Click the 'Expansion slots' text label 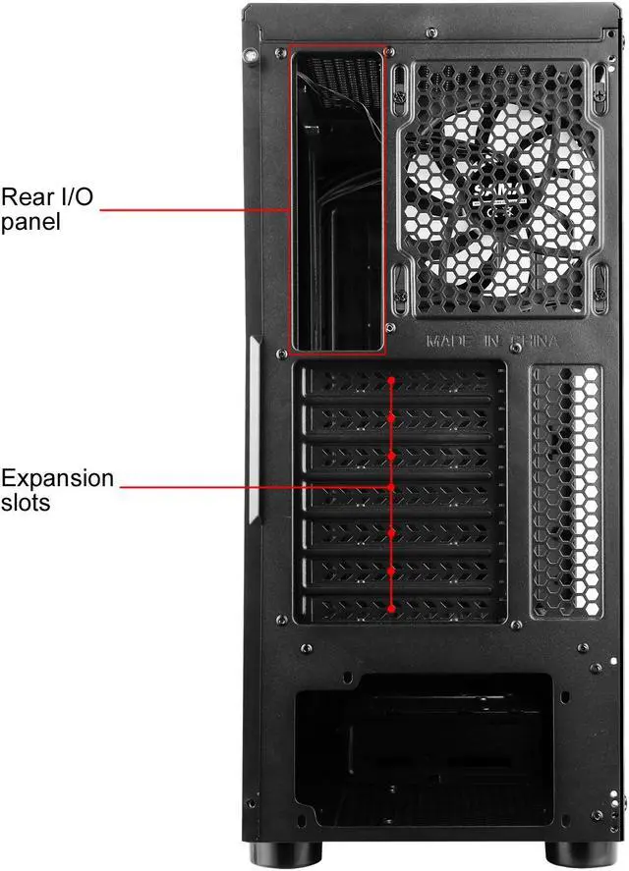pyautogui.click(x=57, y=490)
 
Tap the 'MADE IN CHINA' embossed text pyautogui.click(x=492, y=342)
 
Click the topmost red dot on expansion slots pyautogui.click(x=392, y=380)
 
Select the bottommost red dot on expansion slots pyautogui.click(x=392, y=609)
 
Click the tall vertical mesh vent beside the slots pyautogui.click(x=565, y=491)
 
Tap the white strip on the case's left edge pyautogui.click(x=255, y=429)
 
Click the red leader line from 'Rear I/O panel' pyautogui.click(x=187, y=209)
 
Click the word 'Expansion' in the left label pyautogui.click(x=57, y=479)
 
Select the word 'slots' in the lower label pyautogui.click(x=27, y=502)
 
